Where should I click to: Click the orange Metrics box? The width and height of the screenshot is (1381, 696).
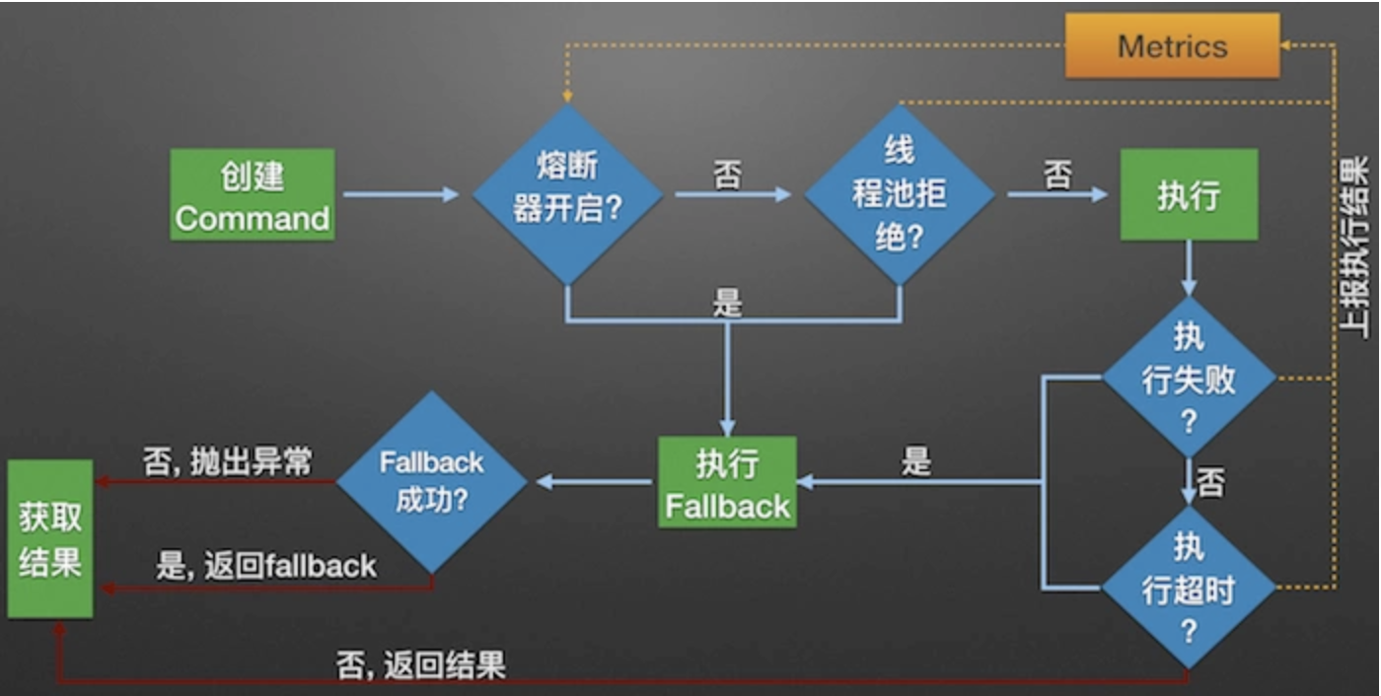1172,46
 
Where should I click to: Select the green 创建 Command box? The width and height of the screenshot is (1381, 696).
253,194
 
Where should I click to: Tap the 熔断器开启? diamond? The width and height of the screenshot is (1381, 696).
567,194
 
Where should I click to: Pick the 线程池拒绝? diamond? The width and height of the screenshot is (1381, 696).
899,194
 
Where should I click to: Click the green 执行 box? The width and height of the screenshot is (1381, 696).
1189,194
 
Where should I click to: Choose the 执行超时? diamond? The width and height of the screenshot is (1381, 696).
1189,589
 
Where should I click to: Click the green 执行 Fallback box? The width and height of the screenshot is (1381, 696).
728,482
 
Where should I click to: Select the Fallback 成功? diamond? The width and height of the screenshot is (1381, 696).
432,482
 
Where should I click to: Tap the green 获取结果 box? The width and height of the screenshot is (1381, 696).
50,538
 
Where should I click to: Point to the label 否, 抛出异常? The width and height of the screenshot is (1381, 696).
228,461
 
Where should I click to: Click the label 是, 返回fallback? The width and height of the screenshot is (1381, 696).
266,566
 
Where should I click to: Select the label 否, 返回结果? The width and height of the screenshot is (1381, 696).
421,664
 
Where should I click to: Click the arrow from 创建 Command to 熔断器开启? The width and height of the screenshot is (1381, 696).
400,194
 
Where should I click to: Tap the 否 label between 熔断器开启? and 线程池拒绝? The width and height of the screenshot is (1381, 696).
728,175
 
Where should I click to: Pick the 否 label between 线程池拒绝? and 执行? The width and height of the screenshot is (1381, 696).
1057,175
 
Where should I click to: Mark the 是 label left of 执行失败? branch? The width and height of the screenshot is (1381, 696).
916,461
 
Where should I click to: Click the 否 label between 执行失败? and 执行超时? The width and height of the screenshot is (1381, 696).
1210,483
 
